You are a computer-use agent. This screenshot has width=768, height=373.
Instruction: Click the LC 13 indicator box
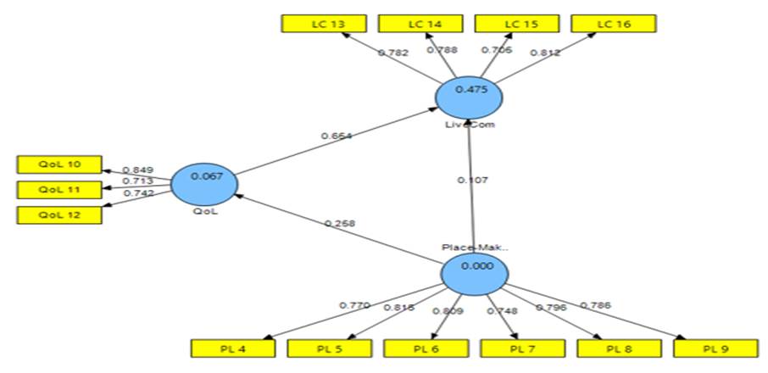[323, 24]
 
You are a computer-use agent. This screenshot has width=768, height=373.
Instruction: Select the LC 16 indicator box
[615, 24]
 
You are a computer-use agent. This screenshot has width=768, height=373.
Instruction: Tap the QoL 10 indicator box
[60, 164]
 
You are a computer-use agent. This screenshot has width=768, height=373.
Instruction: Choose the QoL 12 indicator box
[60, 214]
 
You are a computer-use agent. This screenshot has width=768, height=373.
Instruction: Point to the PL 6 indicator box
[426, 348]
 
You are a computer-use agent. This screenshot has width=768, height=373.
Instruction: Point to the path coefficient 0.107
[471, 180]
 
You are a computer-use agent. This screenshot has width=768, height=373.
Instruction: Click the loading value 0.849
[136, 170]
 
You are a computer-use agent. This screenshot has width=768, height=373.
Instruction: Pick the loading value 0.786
[594, 304]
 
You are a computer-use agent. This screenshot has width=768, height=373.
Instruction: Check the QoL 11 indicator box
[60, 189]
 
